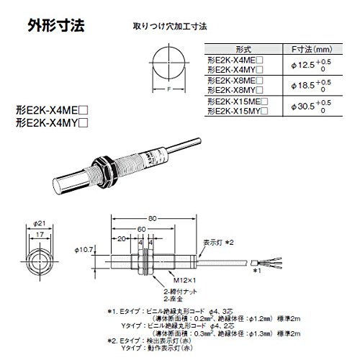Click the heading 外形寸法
click(55, 27)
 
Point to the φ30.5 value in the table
click(296, 107)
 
